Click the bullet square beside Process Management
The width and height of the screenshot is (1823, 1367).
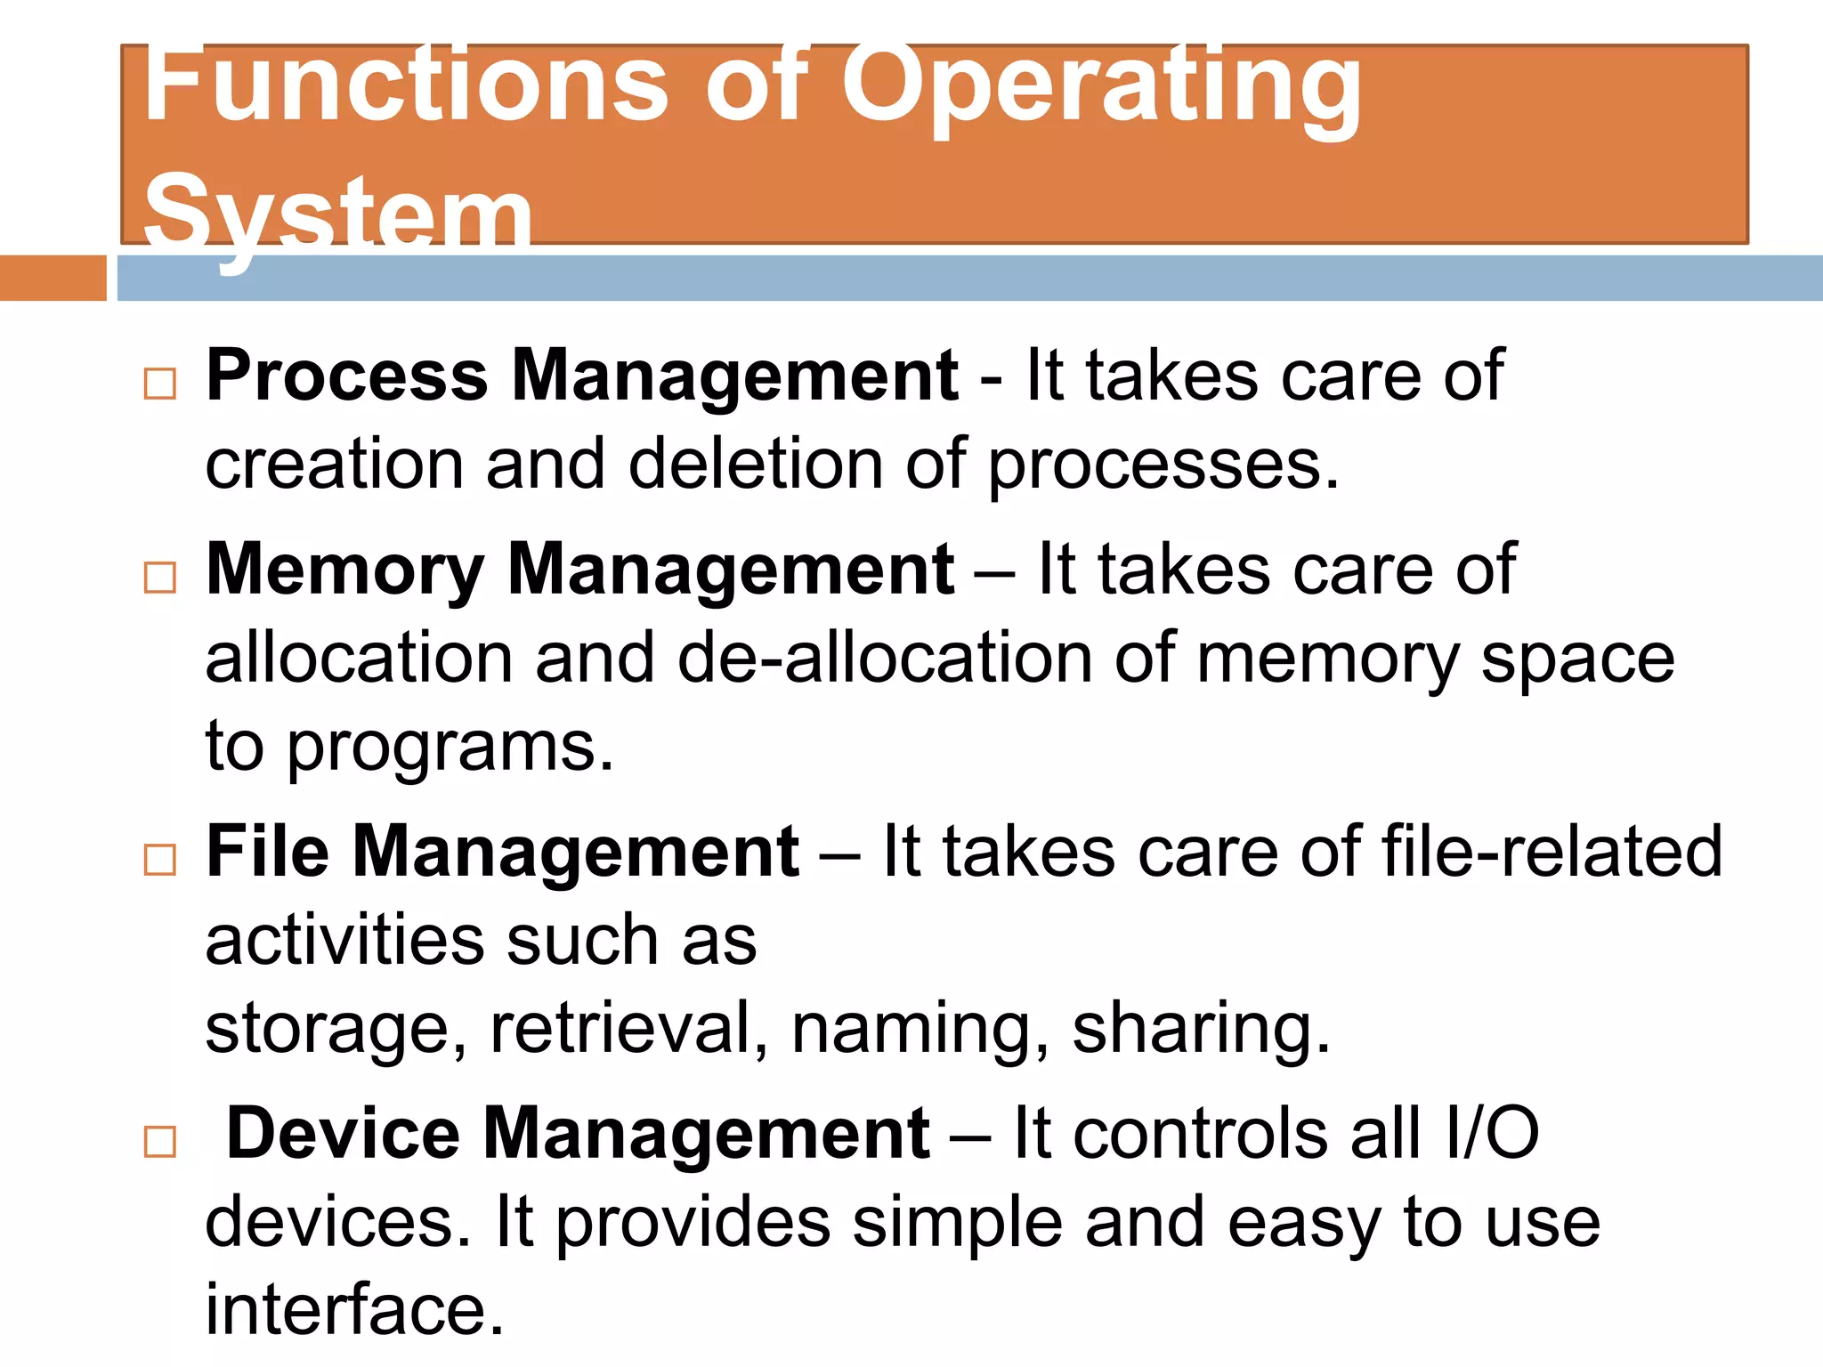coord(160,384)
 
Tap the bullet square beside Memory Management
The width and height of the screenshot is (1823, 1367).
coord(160,578)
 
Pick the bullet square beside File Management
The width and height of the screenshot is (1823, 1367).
coord(160,860)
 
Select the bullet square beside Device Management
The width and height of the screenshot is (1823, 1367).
coord(160,1142)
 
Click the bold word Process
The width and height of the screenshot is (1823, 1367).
coord(347,377)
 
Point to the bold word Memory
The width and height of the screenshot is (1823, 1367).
coord(345,570)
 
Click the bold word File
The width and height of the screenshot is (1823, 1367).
coord(267,853)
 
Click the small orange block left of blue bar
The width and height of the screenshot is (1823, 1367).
coord(53,278)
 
